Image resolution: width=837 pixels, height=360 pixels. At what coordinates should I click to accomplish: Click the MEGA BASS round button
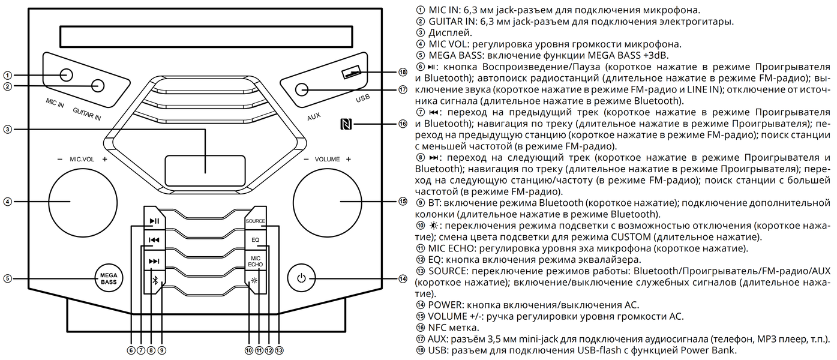(x=109, y=278)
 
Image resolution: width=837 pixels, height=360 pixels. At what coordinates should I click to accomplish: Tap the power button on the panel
(x=301, y=278)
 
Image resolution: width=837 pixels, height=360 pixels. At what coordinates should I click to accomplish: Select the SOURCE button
(x=255, y=221)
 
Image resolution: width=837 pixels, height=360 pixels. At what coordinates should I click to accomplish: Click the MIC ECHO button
(x=255, y=260)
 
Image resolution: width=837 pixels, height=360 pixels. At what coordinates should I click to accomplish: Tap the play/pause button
(x=154, y=221)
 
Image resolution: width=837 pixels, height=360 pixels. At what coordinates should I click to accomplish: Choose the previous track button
(x=154, y=241)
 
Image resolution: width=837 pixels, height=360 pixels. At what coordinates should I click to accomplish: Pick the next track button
(x=154, y=261)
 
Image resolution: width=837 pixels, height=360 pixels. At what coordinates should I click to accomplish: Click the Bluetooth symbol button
(x=154, y=281)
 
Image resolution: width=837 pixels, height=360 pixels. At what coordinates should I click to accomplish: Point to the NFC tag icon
(x=346, y=124)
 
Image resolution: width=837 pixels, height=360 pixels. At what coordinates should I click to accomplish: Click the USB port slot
(x=352, y=73)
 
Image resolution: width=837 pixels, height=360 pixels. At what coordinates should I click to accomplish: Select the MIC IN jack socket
(x=66, y=75)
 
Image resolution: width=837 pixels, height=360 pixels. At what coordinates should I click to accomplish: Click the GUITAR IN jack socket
(x=98, y=86)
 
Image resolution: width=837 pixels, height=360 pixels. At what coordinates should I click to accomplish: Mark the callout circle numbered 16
(x=402, y=124)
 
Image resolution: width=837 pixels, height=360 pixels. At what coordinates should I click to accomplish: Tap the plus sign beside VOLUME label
(x=348, y=160)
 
